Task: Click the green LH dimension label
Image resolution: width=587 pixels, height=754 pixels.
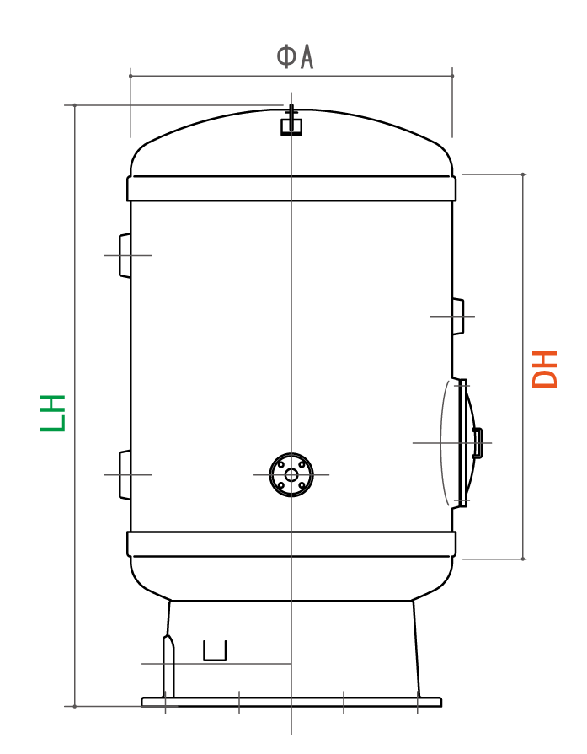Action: [x=53, y=413]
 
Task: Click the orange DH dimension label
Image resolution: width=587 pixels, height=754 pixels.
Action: [x=546, y=369]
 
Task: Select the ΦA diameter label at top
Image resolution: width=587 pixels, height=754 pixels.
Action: [x=295, y=56]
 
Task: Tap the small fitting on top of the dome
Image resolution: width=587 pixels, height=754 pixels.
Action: [x=291, y=124]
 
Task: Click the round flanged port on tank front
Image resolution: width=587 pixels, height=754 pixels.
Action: [x=291, y=474]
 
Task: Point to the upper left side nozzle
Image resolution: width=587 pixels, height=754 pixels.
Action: [x=125, y=255]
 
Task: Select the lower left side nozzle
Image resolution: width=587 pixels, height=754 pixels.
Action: [x=125, y=475]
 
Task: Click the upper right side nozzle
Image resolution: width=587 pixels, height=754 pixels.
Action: [x=457, y=316]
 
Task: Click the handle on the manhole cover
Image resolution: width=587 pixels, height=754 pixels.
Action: [x=478, y=442]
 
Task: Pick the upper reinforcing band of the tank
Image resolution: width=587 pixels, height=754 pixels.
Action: [x=291, y=188]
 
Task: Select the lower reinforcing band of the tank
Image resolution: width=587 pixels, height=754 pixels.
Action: [x=291, y=544]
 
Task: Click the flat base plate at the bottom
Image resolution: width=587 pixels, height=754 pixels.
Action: [x=291, y=702]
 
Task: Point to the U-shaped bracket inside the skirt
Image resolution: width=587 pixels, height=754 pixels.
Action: [x=216, y=651]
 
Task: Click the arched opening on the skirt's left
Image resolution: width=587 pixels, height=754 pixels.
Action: [x=168, y=666]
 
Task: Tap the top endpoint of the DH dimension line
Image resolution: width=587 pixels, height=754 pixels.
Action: [x=523, y=174]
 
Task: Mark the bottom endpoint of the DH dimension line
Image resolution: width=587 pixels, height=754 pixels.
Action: [x=523, y=559]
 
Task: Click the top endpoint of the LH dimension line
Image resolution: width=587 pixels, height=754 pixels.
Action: [x=75, y=105]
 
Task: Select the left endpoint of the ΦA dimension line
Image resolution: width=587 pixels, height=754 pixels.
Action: [x=131, y=76]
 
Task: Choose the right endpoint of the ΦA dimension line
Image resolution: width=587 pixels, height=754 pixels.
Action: [x=452, y=76]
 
